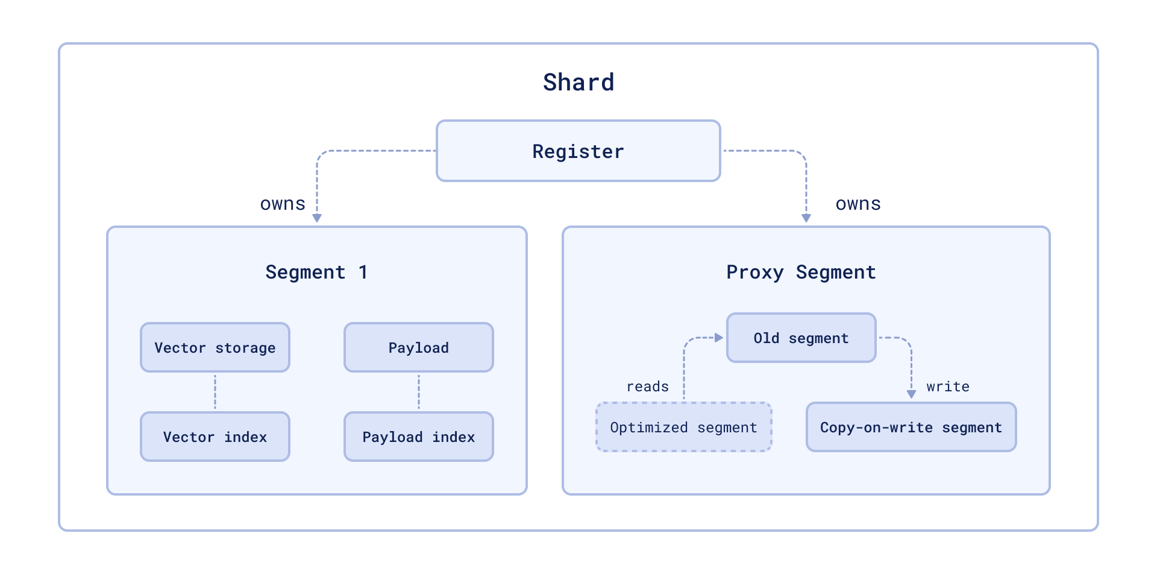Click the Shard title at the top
tap(578, 83)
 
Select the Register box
tap(578, 151)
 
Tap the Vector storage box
tap(215, 347)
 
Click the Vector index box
tap(215, 437)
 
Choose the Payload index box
tap(419, 437)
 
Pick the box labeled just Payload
tap(419, 347)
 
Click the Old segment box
tap(801, 338)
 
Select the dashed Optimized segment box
tap(684, 427)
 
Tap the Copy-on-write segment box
tap(911, 427)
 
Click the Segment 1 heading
tap(317, 272)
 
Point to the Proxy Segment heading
tap(801, 272)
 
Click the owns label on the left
tap(283, 204)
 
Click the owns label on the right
tap(858, 204)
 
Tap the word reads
tap(648, 386)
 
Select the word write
tap(948, 386)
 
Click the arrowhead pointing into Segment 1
tap(317, 218)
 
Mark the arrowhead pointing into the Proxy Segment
tap(806, 218)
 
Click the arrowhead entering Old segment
tap(718, 338)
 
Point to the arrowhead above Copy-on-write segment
tap(911, 394)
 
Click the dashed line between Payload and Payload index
tap(419, 392)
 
